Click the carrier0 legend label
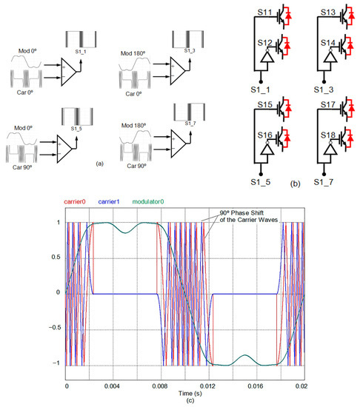[x=79, y=201]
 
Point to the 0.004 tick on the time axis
[x=109, y=386]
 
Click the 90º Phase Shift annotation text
[x=236, y=215]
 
